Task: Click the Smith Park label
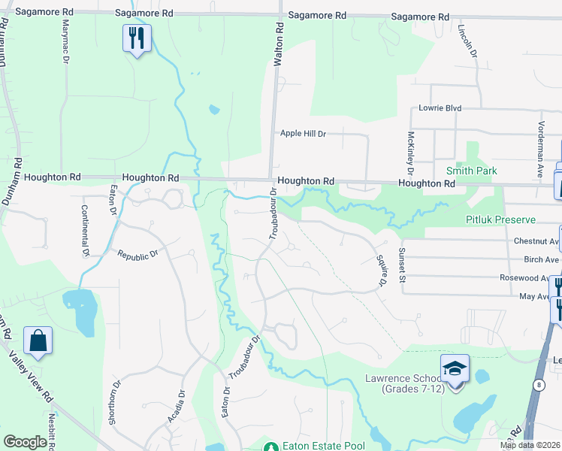[471, 171]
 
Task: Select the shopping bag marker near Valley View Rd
[38, 341]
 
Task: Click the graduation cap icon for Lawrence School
[455, 368]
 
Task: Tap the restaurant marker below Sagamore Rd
[137, 38]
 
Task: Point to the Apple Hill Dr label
[303, 134]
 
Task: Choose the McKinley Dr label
[411, 150]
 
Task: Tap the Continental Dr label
[86, 232]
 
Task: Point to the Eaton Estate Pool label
[323, 446]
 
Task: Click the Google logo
[25, 442]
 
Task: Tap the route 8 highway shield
[539, 384]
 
